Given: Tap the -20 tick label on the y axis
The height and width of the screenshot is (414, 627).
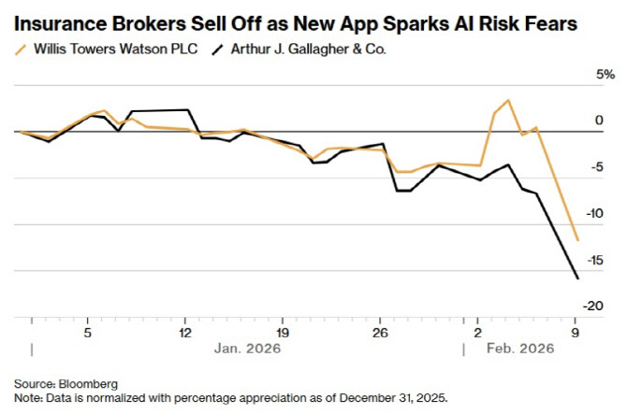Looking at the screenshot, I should click(x=591, y=306).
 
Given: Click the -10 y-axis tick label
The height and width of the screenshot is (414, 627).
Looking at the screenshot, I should click(x=591, y=214).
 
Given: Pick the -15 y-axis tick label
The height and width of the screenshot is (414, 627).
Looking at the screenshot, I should click(x=591, y=260).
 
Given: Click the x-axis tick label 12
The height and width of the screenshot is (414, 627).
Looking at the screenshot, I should click(x=184, y=332).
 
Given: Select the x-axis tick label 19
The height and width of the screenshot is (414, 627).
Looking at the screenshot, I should click(x=283, y=332).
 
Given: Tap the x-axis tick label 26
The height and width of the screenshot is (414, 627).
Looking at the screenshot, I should click(x=380, y=332).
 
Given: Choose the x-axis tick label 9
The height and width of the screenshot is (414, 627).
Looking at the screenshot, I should click(x=576, y=332).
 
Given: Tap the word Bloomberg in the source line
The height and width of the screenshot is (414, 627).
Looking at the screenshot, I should click(x=86, y=383).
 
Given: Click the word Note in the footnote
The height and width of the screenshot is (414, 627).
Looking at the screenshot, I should click(x=27, y=397).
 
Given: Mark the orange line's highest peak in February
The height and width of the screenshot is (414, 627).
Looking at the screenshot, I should click(x=507, y=100).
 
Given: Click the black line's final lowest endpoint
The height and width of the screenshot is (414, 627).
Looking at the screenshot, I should click(x=576, y=278).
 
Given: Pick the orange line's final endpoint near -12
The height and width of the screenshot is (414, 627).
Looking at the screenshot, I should click(x=576, y=240).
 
